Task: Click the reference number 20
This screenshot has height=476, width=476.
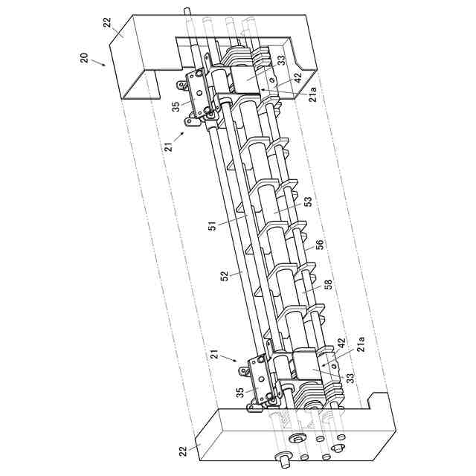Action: [x=84, y=58]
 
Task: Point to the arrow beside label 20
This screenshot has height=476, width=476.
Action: [x=97, y=62]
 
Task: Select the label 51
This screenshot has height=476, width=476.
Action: [x=213, y=226]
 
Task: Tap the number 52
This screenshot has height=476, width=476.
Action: [x=225, y=276]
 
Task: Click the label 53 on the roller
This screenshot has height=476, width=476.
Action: [x=307, y=202]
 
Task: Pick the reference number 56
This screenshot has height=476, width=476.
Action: [x=319, y=245]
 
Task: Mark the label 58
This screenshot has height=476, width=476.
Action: [x=328, y=284]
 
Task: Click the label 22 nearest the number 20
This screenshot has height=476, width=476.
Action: [x=107, y=23]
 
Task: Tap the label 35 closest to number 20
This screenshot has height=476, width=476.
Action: [x=176, y=106]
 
